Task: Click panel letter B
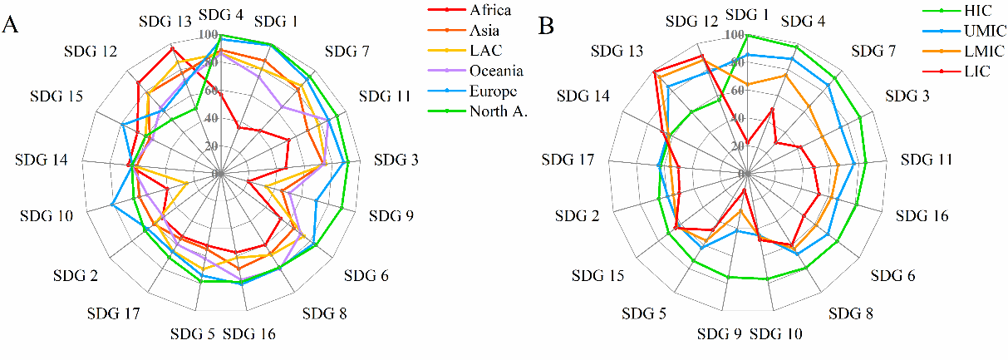point(546,27)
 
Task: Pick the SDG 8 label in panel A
point(325,313)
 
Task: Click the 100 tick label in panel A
point(209,35)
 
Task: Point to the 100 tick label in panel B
point(735,36)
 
